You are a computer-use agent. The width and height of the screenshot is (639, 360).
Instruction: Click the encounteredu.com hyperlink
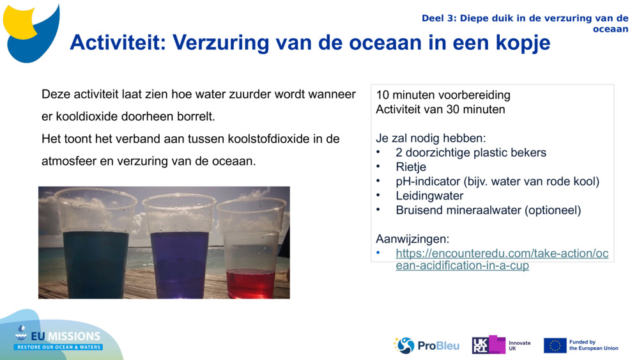coord(502,259)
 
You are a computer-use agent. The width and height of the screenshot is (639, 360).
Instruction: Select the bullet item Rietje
coord(411,167)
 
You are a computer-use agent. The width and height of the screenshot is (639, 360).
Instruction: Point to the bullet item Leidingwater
coord(429,196)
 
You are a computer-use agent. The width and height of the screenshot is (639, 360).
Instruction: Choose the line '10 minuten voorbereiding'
coord(443,95)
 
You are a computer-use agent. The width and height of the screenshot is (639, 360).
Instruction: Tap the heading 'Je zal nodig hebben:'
coord(430,138)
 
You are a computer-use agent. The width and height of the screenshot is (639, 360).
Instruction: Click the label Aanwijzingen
coord(412,239)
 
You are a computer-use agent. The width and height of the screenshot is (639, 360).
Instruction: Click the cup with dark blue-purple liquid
coord(179,246)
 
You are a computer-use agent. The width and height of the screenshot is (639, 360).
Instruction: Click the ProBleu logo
coord(426,345)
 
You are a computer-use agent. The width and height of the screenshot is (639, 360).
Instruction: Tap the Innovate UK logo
coord(501,345)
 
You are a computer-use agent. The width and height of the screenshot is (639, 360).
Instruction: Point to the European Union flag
coord(555,345)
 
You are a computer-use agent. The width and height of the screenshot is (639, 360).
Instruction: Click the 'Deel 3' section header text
coord(524,23)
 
